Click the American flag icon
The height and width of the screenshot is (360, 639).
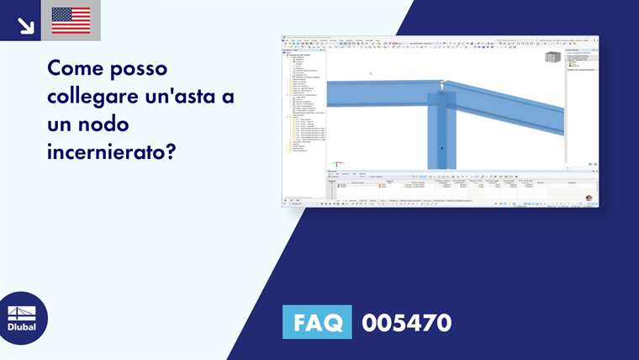[71, 20]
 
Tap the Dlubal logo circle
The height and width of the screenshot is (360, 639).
[23, 318]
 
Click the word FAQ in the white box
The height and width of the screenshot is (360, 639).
[317, 323]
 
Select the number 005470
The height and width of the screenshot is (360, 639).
[407, 323]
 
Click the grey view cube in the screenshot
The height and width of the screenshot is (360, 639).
[552, 57]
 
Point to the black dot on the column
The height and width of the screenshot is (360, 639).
[441, 148]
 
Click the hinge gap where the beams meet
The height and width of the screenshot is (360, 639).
[443, 84]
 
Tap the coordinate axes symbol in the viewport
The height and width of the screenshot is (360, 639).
[338, 163]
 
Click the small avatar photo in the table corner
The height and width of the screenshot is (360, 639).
[589, 199]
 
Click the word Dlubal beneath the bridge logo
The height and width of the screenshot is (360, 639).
[23, 327]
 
